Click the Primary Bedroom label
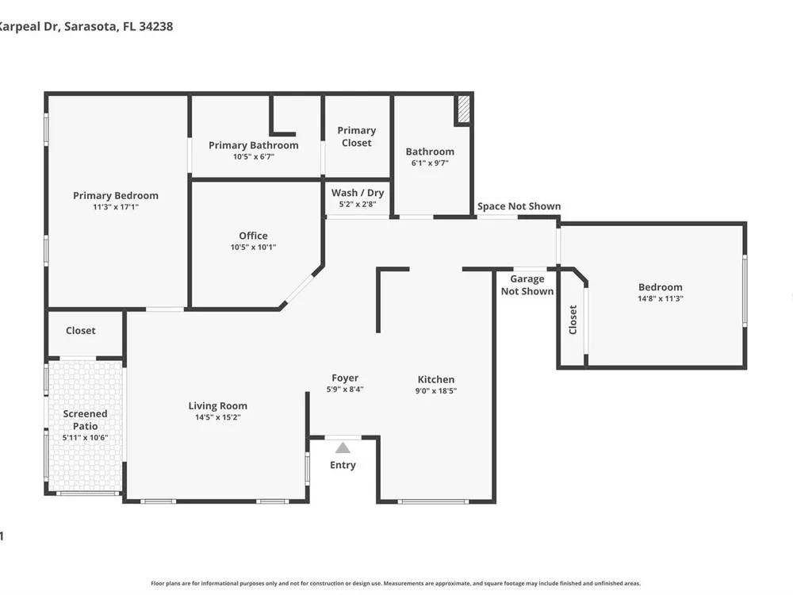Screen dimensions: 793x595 coord(115,195)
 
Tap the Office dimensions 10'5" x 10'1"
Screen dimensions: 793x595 coord(254,248)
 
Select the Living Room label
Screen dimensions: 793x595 coord(217,405)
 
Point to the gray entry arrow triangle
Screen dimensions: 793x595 coord(343,447)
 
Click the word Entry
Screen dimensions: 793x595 coord(343,465)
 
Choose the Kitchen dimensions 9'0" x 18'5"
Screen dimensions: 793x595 coord(436,390)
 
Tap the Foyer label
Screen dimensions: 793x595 coord(345,378)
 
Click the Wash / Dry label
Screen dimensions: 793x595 coord(358,193)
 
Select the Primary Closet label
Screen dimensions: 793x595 coord(357,136)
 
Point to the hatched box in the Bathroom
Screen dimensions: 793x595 coord(464,109)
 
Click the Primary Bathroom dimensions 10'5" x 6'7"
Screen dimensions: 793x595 coord(254,157)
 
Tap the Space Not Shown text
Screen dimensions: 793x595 coord(519,206)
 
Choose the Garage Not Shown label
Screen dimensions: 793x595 coord(527,285)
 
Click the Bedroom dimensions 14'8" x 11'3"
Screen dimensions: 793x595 coord(661,298)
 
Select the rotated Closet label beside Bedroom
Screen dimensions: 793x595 coord(573,320)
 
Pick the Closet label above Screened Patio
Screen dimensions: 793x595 coord(80,330)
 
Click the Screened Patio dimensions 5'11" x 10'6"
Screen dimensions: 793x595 coord(85,438)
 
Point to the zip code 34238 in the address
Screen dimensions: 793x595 coord(155,26)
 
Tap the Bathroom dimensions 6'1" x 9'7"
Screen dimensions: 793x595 coord(430,163)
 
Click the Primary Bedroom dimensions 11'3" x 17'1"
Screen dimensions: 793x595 coord(115,207)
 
